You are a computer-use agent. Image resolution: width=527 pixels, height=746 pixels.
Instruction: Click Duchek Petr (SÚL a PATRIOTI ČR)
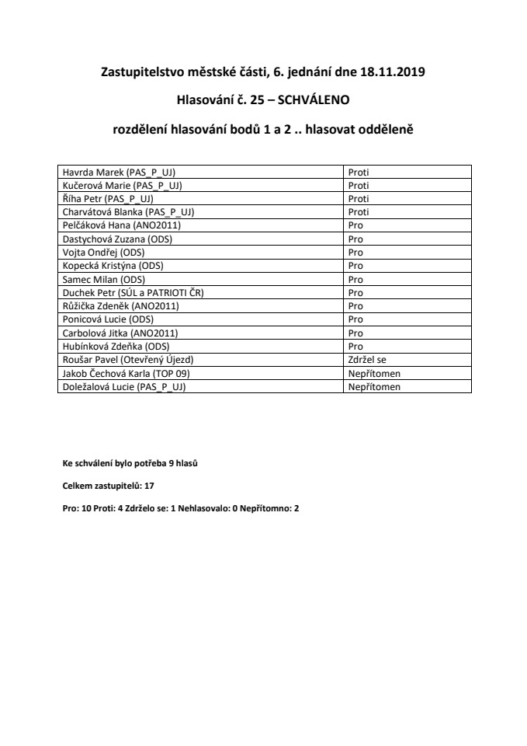(137, 292)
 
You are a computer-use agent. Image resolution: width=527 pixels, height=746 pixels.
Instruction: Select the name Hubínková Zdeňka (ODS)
(116, 346)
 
